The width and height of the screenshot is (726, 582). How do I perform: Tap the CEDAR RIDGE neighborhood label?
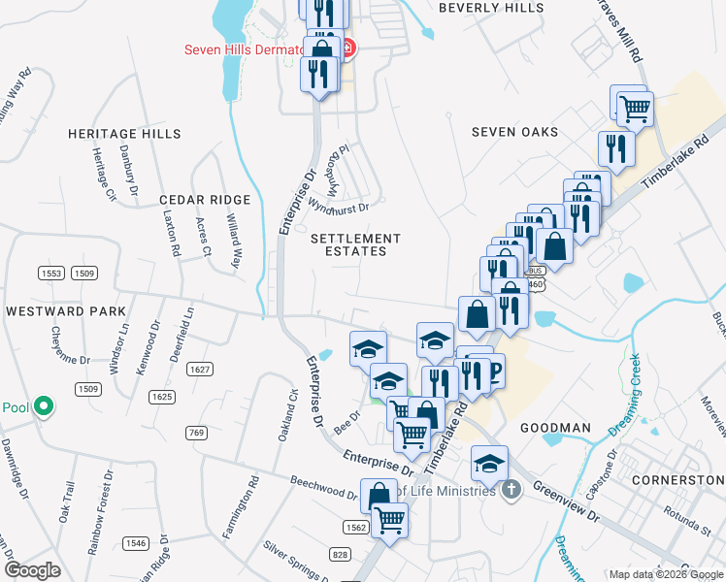pos(205,200)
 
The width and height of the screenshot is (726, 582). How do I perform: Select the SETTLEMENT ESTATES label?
pos(355,244)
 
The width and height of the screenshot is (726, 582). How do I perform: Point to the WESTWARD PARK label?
pos(66,311)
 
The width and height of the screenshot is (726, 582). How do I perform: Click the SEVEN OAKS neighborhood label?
pos(514,132)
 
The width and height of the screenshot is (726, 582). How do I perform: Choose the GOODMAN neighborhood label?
pos(555,428)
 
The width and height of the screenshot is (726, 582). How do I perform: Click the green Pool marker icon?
pos(43,407)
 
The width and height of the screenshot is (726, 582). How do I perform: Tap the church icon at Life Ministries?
pos(512,490)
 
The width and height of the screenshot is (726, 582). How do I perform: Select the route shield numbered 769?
pos(197,433)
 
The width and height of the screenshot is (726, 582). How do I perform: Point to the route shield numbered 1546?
pos(136,543)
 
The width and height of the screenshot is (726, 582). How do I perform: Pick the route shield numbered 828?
pos(340,554)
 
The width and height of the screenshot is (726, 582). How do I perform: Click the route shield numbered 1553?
pos(52,275)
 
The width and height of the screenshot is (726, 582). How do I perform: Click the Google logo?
pos(33,570)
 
